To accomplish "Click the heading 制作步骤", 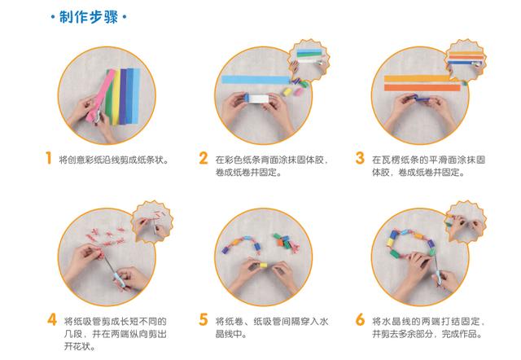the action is click(x=89, y=17).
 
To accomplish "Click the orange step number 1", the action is click(x=49, y=158).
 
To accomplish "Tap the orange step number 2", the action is click(x=204, y=158).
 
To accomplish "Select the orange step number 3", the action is click(x=360, y=158).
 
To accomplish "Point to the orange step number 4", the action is click(x=52, y=320).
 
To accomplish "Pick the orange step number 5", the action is click(x=204, y=320).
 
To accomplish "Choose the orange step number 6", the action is click(x=360, y=320).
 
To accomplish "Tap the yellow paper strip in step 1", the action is click(x=116, y=96).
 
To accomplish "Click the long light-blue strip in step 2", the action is click(x=256, y=80).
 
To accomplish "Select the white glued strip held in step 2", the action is click(x=259, y=99).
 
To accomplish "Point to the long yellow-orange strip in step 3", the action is click(x=419, y=78).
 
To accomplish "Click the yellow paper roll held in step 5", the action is click(x=263, y=266).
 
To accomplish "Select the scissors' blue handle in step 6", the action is click(x=440, y=277).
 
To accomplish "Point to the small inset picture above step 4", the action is click(x=152, y=221).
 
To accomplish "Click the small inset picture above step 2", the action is click(x=309, y=59).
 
